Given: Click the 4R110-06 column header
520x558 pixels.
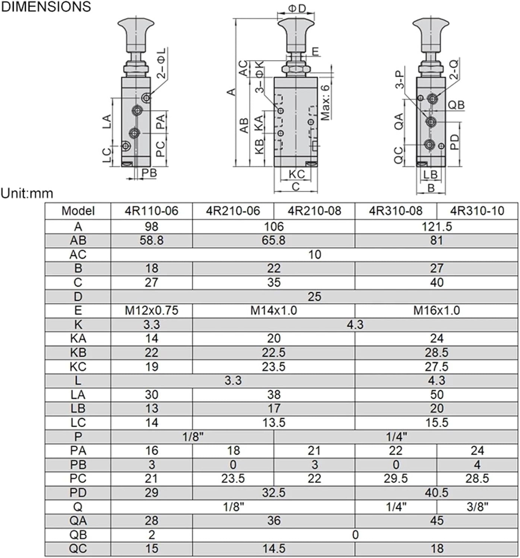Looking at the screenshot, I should pyautogui.click(x=151, y=211).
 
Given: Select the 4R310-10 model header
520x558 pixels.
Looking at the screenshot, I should pyautogui.click(x=477, y=211).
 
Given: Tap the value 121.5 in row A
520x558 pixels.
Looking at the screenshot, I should pyautogui.click(x=436, y=227).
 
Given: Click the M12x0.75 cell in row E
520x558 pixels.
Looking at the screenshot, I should pyautogui.click(x=151, y=310).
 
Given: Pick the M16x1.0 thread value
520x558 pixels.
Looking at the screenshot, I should pyautogui.click(x=436, y=310).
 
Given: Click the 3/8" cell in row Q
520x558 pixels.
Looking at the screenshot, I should pyautogui.click(x=477, y=507).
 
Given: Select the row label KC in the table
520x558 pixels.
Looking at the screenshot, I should pyautogui.click(x=78, y=367).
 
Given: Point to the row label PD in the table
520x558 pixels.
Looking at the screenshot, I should pyautogui.click(x=78, y=493).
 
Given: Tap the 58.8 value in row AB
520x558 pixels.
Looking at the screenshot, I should pyautogui.click(x=151, y=240).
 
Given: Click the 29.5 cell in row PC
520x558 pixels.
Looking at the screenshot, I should pyautogui.click(x=395, y=478).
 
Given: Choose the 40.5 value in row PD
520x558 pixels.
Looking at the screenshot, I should pyautogui.click(x=436, y=493).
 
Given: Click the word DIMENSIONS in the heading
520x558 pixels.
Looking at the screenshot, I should pyautogui.click(x=46, y=7).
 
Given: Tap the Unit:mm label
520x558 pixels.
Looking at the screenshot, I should pyautogui.click(x=27, y=193).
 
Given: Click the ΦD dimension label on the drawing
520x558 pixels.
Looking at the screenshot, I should pyautogui.click(x=297, y=8).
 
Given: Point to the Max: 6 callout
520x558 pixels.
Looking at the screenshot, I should pyautogui.click(x=325, y=102).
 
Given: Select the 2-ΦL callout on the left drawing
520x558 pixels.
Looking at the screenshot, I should pyautogui.click(x=162, y=62).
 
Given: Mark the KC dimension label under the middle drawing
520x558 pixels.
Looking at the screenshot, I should pyautogui.click(x=297, y=174).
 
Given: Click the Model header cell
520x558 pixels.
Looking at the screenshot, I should pyautogui.click(x=78, y=211).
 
